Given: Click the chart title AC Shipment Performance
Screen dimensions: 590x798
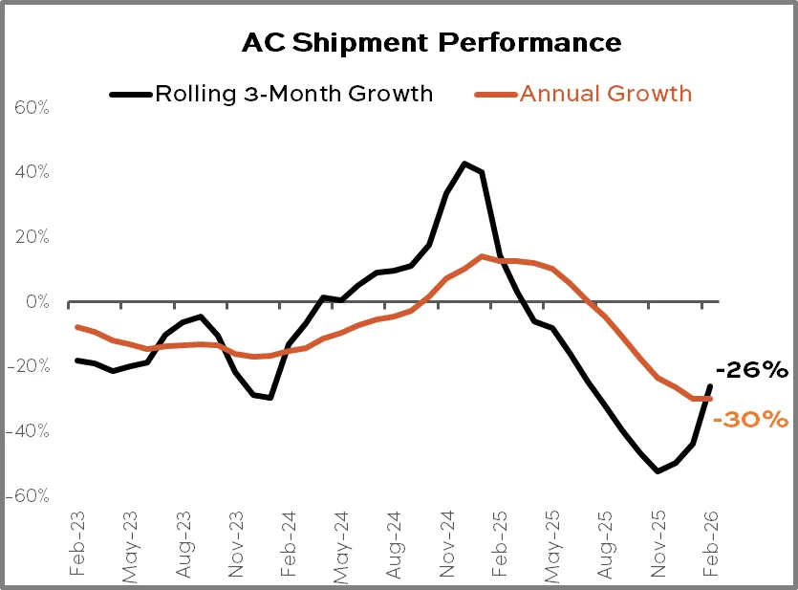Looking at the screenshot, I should (x=431, y=43).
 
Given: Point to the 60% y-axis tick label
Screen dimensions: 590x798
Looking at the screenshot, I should (x=31, y=107).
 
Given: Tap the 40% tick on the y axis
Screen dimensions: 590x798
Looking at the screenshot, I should (x=31, y=172).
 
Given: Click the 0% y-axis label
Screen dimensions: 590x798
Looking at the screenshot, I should (x=35, y=301).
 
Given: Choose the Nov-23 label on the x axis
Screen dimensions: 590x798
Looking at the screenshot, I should (x=234, y=543).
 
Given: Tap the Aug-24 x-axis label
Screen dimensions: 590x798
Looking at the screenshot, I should (x=393, y=543).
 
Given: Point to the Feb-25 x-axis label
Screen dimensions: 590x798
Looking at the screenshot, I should (x=498, y=543).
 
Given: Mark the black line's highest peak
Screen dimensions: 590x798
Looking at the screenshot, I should (x=464, y=164).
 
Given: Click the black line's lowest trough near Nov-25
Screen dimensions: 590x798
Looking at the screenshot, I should (x=658, y=471).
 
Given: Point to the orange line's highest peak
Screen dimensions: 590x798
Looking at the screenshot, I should (x=483, y=256).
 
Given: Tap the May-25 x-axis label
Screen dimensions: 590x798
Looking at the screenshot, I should (x=550, y=543).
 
